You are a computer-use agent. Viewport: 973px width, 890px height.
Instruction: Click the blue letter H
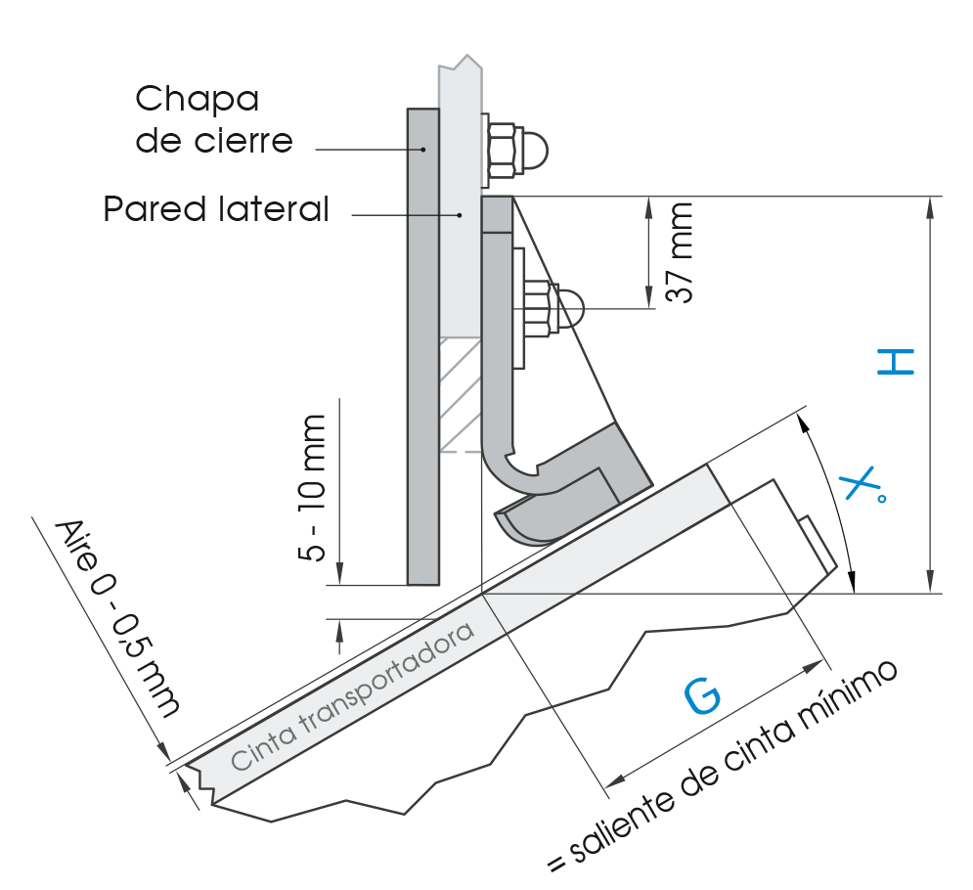pos(896,361)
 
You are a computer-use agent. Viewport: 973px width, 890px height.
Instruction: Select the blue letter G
pos(703,696)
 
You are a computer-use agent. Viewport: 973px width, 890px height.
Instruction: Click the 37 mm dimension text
pos(679,252)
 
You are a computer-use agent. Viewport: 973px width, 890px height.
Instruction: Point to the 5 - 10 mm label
pos(312,488)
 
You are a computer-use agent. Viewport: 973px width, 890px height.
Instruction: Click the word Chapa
pos(197,99)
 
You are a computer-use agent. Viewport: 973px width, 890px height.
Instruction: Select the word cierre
pos(243,141)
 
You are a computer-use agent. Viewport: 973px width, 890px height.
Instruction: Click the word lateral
pos(274,209)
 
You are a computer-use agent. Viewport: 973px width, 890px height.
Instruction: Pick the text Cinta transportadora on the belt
pos(352,695)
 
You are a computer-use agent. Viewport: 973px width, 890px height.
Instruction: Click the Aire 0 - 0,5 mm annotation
pos(117,617)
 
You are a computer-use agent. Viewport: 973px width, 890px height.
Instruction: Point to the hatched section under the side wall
pos(461,394)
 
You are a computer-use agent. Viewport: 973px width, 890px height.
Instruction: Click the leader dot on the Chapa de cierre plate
pos(423,150)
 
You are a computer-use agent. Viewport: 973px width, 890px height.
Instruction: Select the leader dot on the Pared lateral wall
pos(460,215)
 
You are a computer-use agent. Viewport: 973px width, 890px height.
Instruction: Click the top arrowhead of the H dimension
pos(930,207)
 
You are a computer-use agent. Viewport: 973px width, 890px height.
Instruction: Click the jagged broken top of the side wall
pos(461,63)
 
